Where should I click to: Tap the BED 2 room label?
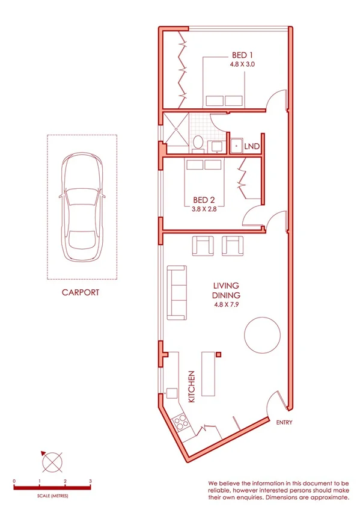pyautogui.click(x=204, y=200)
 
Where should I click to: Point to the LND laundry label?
pyautogui.click(x=252, y=146)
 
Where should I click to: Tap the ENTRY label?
pyautogui.click(x=284, y=423)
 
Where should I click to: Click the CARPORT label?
pyautogui.click(x=80, y=293)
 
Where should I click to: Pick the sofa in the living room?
pyautogui.click(x=177, y=293)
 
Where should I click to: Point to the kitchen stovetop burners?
pyautogui.click(x=180, y=422)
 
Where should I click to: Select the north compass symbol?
pyautogui.click(x=52, y=461)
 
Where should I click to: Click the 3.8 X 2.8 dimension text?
pyautogui.click(x=204, y=209)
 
